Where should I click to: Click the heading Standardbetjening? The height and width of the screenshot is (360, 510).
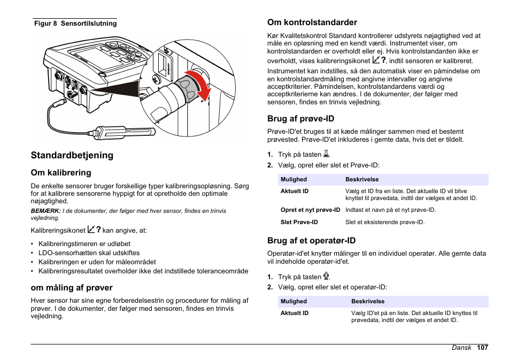pyautogui.click(x=72, y=155)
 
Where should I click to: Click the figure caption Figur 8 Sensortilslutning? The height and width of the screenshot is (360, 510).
pyautogui.click(x=75, y=24)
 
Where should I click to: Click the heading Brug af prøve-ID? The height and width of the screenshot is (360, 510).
pyautogui.click(x=300, y=118)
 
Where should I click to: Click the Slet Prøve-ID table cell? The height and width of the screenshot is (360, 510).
pyautogui.click(x=299, y=222)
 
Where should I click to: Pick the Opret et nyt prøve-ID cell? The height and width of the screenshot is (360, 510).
pyautogui.click(x=310, y=210)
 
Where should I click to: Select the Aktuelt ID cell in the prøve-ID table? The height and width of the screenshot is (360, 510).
pyautogui.click(x=295, y=191)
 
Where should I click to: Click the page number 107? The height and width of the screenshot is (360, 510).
pyautogui.click(x=483, y=348)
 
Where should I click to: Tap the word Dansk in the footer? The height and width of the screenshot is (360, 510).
pyautogui.click(x=461, y=348)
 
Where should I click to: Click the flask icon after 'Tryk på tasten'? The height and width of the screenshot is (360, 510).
pyautogui.click(x=327, y=154)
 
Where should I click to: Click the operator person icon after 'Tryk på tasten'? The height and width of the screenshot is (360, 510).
pyautogui.click(x=327, y=277)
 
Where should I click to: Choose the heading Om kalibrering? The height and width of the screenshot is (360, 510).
pyautogui.click(x=61, y=173)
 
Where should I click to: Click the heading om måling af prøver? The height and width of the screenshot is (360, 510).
pyautogui.click(x=72, y=288)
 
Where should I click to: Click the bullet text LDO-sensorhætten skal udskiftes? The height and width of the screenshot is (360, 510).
pyautogui.click(x=89, y=253)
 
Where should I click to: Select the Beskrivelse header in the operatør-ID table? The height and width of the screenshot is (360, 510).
pyautogui.click(x=368, y=301)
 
